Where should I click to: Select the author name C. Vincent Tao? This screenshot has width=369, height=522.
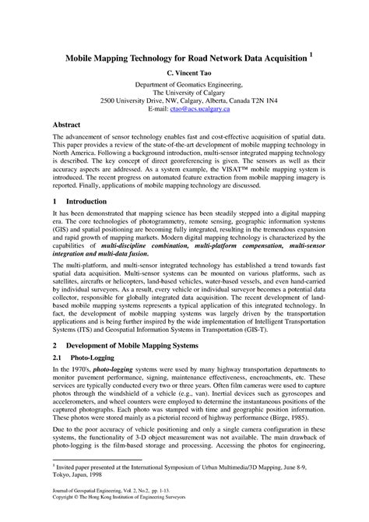[184, 72]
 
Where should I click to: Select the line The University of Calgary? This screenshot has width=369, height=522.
[184, 93]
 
